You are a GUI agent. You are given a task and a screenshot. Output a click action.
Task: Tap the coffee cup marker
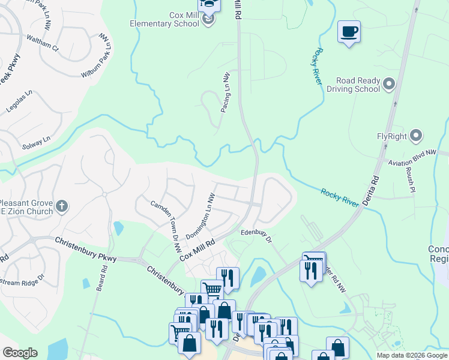pyautogui.click(x=348, y=31)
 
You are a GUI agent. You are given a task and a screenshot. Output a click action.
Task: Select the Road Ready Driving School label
pyautogui.click(x=353, y=85)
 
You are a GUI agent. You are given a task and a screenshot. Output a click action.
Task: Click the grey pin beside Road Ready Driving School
pyautogui.click(x=389, y=84)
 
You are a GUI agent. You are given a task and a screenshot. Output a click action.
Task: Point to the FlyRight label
pyautogui.click(x=393, y=136)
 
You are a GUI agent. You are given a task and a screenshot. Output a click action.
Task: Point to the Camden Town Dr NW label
pyautogui.click(x=166, y=220)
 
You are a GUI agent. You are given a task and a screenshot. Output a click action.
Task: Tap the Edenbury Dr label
pyautogui.click(x=256, y=235)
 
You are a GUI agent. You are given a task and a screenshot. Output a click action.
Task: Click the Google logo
pyautogui.click(x=20, y=353)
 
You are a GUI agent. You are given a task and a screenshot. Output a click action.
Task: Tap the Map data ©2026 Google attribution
pyautogui.click(x=411, y=355)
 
